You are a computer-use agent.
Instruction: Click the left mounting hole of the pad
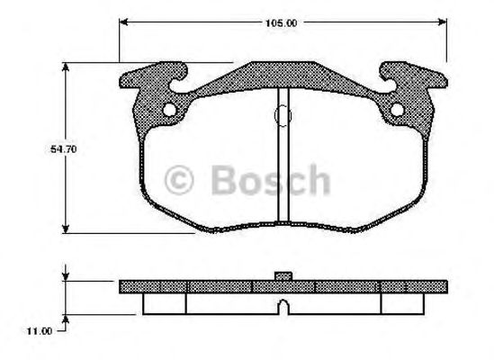click(167, 111)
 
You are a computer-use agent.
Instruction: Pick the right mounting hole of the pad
click(397, 111)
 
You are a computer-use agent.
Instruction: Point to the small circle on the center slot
click(282, 115)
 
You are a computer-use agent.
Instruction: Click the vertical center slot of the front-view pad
click(282, 157)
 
